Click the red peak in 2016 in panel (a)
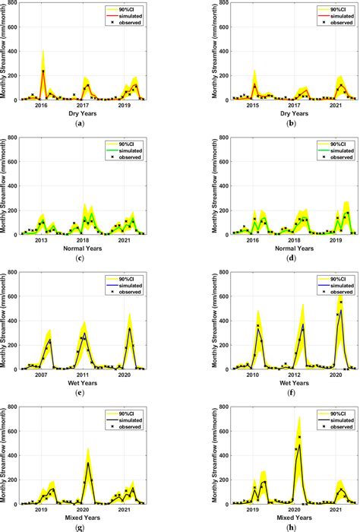point(43,71)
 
